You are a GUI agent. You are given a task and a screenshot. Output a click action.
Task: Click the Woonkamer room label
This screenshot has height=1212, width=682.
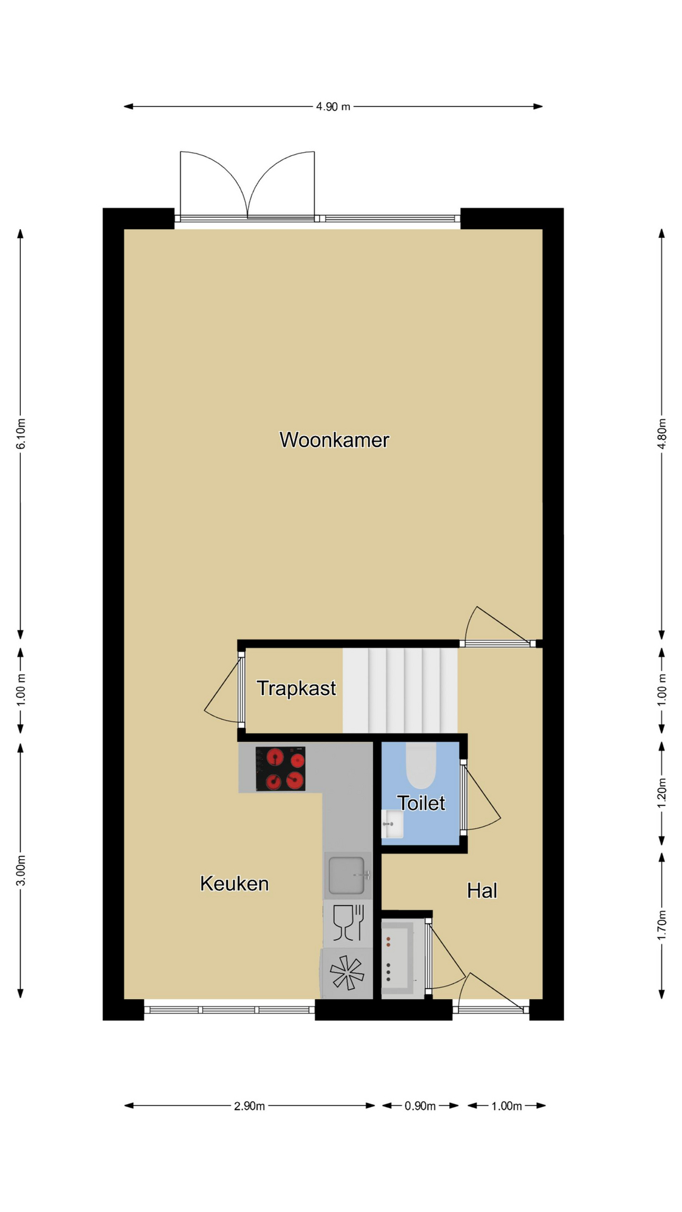pyautogui.click(x=334, y=440)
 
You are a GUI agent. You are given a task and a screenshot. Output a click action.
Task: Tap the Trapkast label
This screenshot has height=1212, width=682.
pyautogui.click(x=296, y=688)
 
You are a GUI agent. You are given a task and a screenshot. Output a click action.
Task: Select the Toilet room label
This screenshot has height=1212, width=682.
pyautogui.click(x=421, y=803)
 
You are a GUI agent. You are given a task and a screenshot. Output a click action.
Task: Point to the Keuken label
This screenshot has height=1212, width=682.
pyautogui.click(x=234, y=884)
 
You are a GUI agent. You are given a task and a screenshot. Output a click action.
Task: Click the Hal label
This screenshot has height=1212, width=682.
pyautogui.click(x=482, y=891)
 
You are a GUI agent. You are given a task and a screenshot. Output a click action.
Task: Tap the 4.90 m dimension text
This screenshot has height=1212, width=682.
pyautogui.click(x=333, y=107)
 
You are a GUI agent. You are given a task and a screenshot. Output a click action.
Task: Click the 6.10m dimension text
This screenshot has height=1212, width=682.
pyautogui.click(x=21, y=434)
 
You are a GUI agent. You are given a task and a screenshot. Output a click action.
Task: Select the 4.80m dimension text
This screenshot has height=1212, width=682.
pyautogui.click(x=662, y=434)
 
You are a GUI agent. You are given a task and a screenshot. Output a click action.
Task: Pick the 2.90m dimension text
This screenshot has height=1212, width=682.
pyautogui.click(x=249, y=1106)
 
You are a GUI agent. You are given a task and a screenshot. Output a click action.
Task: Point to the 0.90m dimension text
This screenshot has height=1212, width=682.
pyautogui.click(x=421, y=1106)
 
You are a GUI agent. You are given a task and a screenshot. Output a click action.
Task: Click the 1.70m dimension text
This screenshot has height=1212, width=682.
pyautogui.click(x=662, y=925)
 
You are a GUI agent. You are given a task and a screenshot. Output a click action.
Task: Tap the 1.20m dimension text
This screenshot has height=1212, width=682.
pyautogui.click(x=662, y=793)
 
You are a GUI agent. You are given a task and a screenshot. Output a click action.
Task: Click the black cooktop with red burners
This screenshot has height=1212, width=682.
pyautogui.click(x=280, y=769)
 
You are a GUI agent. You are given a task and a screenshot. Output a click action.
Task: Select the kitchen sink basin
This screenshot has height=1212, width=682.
pyautogui.click(x=347, y=875)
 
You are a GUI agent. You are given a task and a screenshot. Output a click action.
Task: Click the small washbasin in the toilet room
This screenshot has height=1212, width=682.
pyautogui.click(x=392, y=824)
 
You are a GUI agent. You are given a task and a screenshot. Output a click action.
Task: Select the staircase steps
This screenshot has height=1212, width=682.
pyautogui.click(x=400, y=691)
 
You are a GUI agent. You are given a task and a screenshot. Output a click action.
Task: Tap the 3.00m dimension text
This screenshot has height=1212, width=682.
pyautogui.click(x=21, y=870)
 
